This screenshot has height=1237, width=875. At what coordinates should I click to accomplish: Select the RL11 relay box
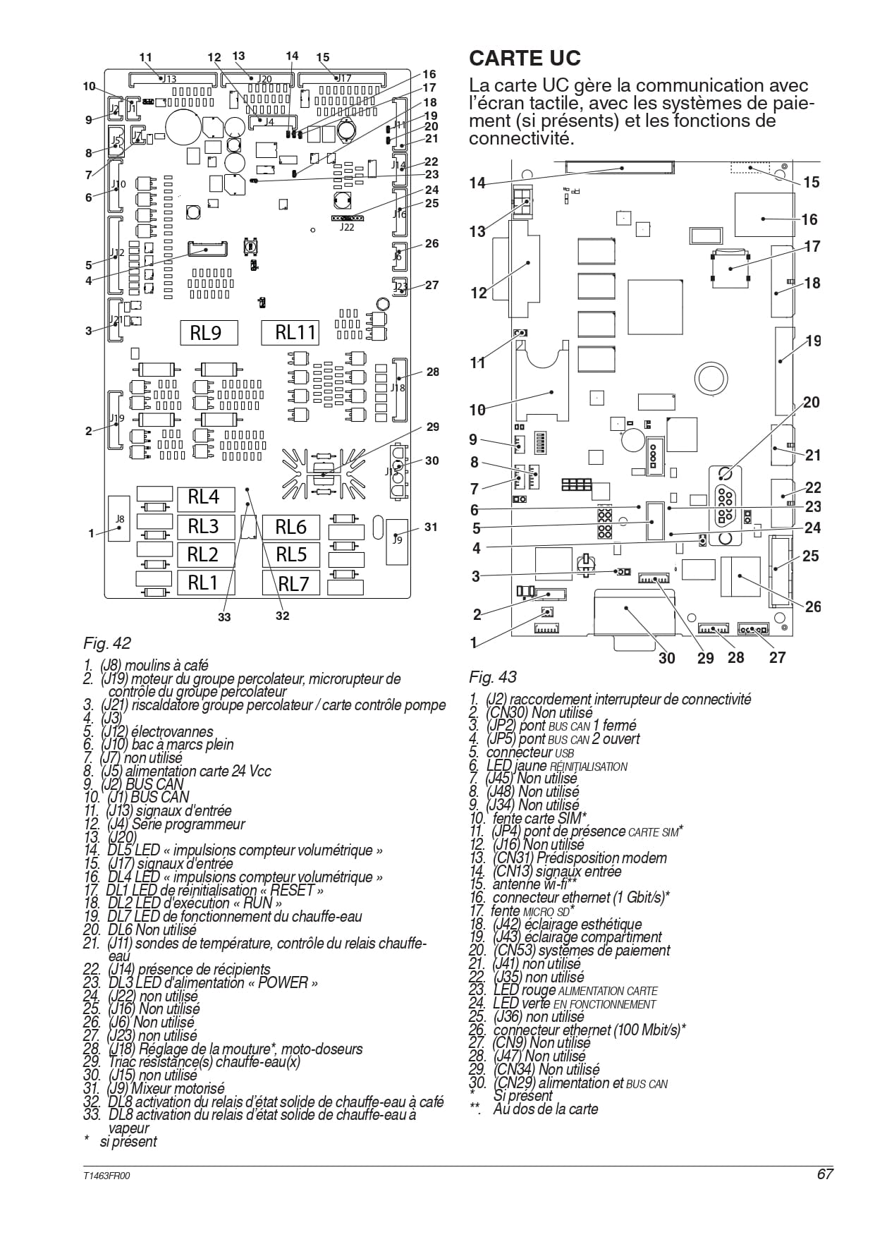pos(290,332)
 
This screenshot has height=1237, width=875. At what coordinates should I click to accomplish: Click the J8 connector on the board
pos(120,518)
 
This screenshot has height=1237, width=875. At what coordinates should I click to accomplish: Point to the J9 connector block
pos(397,542)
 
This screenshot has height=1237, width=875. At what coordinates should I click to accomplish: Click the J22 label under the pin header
pos(347,227)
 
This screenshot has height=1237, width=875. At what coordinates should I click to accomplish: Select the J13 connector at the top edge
pos(173,79)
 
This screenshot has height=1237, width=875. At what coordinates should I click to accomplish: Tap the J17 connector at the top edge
pos(343,78)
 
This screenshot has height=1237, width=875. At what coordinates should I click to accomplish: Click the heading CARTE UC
pos(525,58)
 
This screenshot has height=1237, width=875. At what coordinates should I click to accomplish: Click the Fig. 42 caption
pos(107,643)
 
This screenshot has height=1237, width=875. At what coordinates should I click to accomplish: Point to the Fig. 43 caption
pos(493,677)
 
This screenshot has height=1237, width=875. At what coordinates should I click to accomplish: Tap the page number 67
pos(826,1174)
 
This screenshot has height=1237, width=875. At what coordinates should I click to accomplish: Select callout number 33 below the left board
pos(224,617)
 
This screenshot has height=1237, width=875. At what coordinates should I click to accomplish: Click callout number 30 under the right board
pos(667,658)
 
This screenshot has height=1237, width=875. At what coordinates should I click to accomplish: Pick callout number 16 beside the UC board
pos(809,220)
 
